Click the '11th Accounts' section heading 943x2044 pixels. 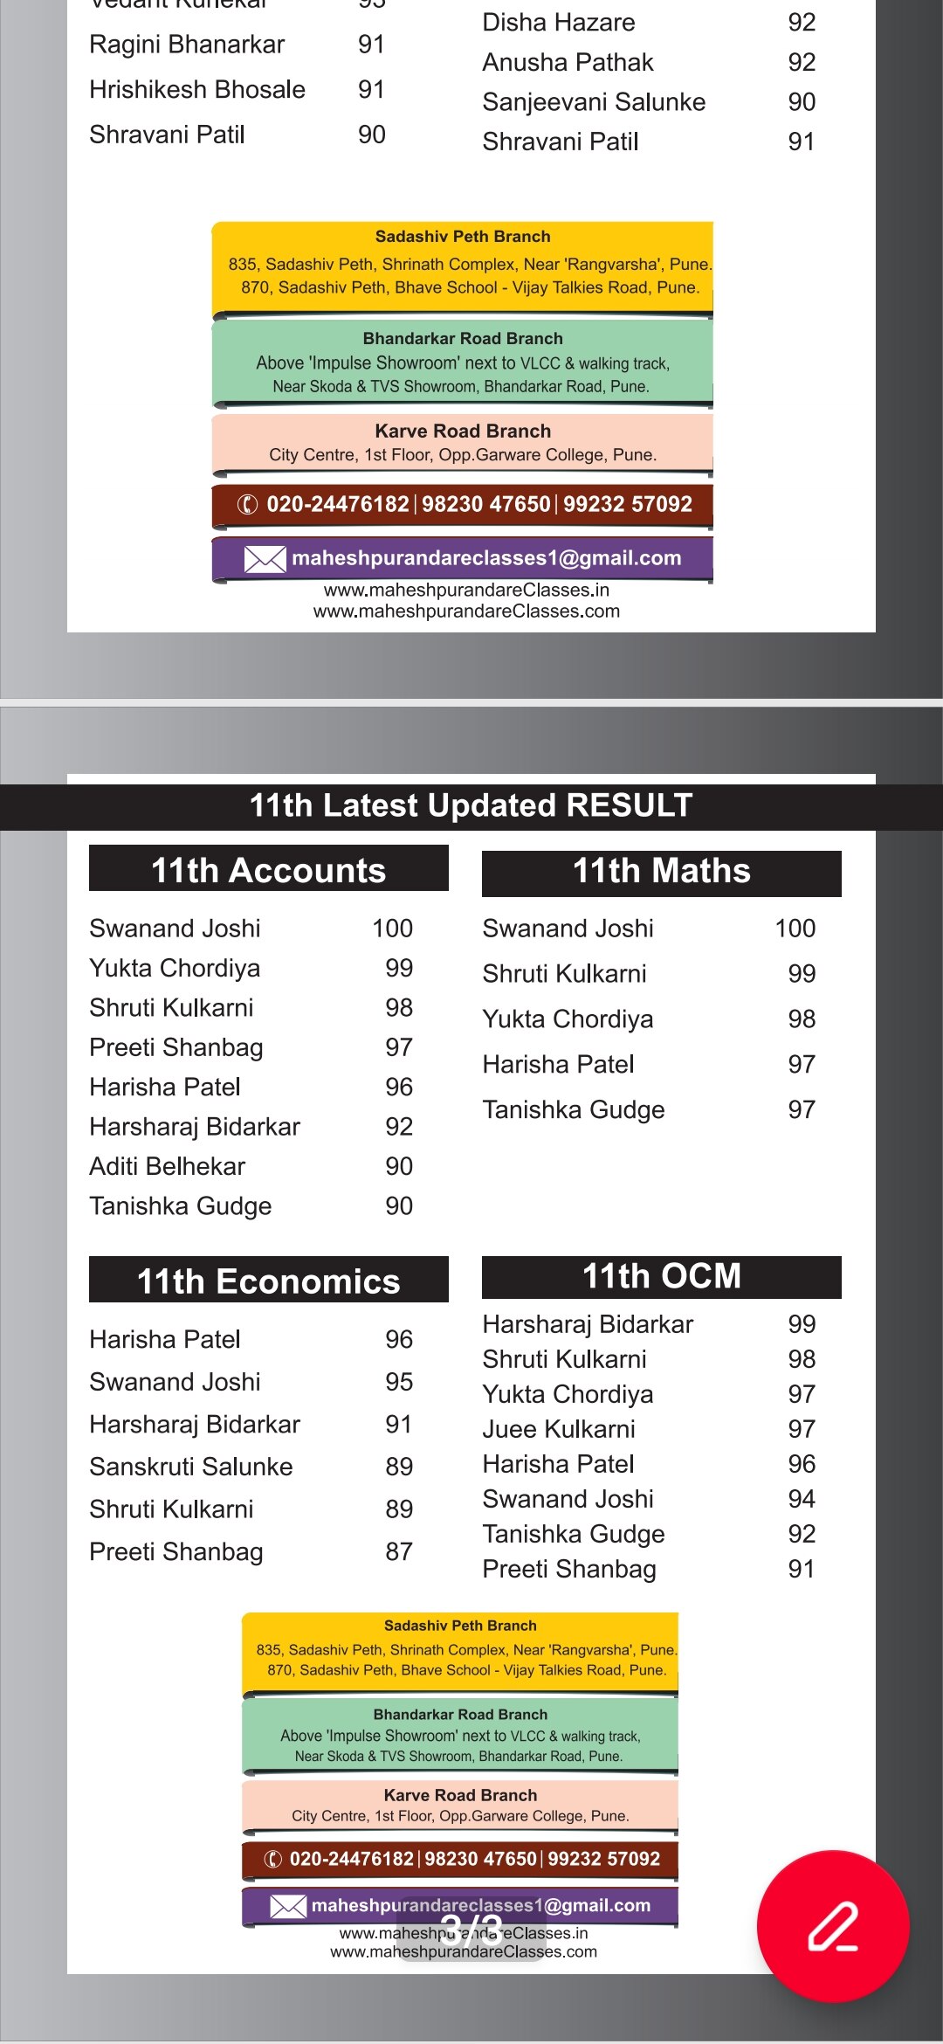[268, 870]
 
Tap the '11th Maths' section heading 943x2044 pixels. [661, 871]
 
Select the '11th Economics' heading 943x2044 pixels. [268, 1281]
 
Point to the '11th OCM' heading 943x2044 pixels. [661, 1276]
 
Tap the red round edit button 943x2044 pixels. [833, 1925]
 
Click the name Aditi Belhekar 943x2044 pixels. [168, 1166]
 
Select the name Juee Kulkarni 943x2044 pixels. [559, 1429]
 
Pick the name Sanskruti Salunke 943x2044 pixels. [191, 1467]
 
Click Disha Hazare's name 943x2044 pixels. [559, 23]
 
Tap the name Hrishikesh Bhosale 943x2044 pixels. [197, 89]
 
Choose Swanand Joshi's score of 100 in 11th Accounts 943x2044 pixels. [392, 929]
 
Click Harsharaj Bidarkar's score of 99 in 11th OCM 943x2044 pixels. [802, 1324]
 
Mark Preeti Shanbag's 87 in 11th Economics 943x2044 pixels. [399, 1551]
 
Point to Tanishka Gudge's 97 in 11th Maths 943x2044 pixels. [802, 1109]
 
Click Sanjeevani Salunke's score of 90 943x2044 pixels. [802, 102]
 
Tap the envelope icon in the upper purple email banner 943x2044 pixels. [265, 559]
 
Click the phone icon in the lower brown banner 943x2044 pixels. [273, 1859]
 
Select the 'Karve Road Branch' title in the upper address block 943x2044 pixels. [463, 431]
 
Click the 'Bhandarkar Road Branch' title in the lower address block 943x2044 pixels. [460, 1715]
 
